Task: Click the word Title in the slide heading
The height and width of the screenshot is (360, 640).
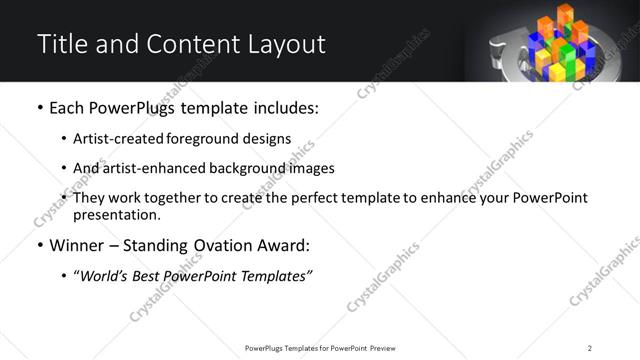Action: (x=59, y=44)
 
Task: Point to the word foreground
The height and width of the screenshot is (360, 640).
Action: (x=202, y=139)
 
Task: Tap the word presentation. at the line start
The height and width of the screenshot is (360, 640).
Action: (x=115, y=214)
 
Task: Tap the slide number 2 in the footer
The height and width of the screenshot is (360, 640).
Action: (x=590, y=347)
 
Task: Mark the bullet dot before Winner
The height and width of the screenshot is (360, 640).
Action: (x=39, y=245)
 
